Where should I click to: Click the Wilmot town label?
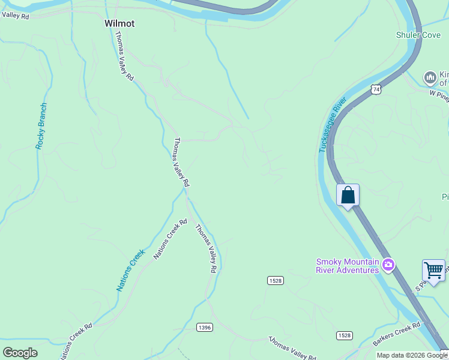(x=119, y=24)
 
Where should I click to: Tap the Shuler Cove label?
(x=418, y=35)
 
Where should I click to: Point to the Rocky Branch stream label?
(x=41, y=126)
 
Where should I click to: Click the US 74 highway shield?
(x=376, y=89)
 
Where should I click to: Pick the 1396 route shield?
(x=204, y=327)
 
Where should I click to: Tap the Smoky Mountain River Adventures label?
(x=348, y=265)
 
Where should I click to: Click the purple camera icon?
(x=388, y=264)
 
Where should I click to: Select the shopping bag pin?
(x=348, y=196)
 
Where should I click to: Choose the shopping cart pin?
(x=433, y=269)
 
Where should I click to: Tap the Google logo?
(x=20, y=353)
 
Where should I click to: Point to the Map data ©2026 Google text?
(x=412, y=355)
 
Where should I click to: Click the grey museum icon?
(x=430, y=77)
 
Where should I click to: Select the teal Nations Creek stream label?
(x=131, y=270)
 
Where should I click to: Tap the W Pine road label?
(x=438, y=94)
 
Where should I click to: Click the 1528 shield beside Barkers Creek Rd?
(x=344, y=335)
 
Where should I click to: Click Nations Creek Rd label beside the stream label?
(x=170, y=239)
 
